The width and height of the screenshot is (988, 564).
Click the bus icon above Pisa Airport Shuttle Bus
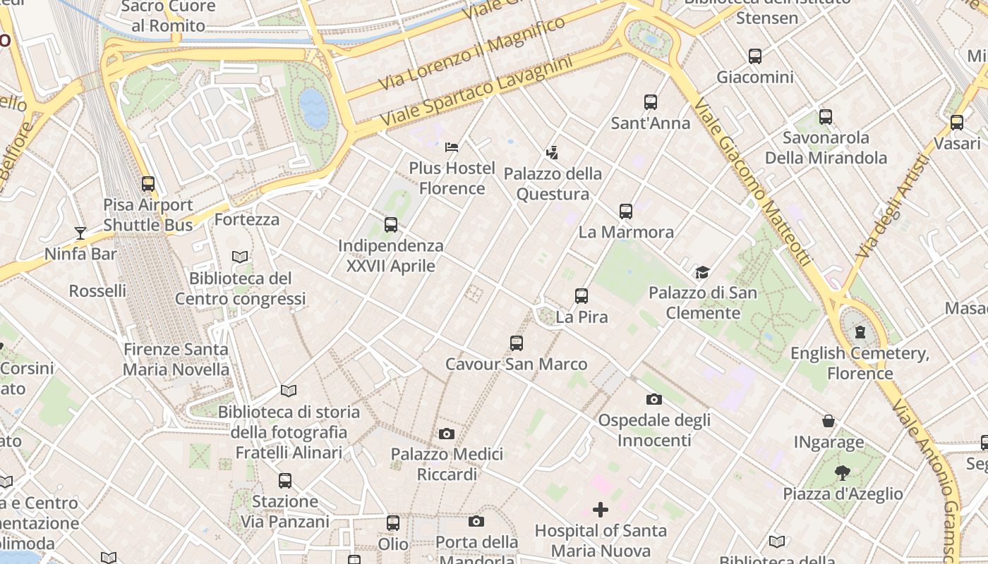click(x=148, y=184)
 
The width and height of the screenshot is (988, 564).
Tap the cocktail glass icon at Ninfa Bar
click(x=80, y=233)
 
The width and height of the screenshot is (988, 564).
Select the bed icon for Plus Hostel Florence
click(x=452, y=147)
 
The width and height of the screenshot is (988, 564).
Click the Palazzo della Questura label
click(x=553, y=184)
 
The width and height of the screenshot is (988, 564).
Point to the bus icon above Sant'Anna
click(x=651, y=102)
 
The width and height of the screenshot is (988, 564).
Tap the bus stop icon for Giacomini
click(x=755, y=56)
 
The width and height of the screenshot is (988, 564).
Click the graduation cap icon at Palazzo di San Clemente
click(x=702, y=272)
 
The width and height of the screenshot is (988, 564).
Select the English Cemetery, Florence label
click(x=860, y=363)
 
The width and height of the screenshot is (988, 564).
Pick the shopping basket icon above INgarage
click(x=829, y=422)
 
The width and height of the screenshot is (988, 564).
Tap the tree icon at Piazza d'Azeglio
click(x=842, y=472)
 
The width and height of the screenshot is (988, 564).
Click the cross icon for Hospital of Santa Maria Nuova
click(x=601, y=509)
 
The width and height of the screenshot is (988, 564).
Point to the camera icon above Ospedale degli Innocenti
click(x=654, y=399)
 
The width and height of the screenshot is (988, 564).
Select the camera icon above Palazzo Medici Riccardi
click(x=447, y=434)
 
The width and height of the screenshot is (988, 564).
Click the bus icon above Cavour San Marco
click(x=517, y=343)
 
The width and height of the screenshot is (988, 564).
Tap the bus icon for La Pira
click(x=582, y=296)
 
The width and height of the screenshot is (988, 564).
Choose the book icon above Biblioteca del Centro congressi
click(x=240, y=257)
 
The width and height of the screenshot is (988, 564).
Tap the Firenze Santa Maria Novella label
click(x=176, y=360)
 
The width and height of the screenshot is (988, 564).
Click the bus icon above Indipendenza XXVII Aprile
click(x=391, y=225)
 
